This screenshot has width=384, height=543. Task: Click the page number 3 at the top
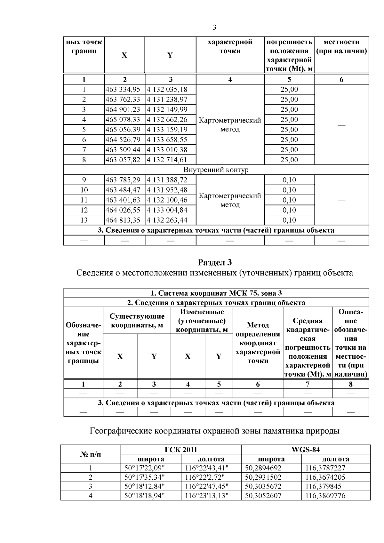pyautogui.click(x=214, y=28)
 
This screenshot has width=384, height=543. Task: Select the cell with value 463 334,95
pyautogui.click(x=125, y=90)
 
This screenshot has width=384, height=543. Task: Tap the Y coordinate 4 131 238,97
pyautogui.click(x=167, y=100)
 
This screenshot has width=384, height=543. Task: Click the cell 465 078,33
pyautogui.click(x=125, y=120)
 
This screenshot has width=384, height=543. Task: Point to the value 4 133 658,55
pyautogui.click(x=167, y=140)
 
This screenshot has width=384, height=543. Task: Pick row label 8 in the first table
pyautogui.click(x=84, y=160)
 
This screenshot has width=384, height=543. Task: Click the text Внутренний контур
pyautogui.click(x=216, y=170)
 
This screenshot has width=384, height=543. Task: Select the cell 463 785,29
pyautogui.click(x=125, y=180)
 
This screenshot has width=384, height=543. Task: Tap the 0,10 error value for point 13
pyautogui.click(x=289, y=220)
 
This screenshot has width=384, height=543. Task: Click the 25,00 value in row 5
pyautogui.click(x=289, y=130)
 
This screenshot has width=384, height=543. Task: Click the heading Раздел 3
pyautogui.click(x=215, y=263)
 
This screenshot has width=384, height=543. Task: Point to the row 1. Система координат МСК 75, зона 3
pyautogui.click(x=216, y=293)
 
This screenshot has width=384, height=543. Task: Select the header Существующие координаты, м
pyautogui.click(x=137, y=321)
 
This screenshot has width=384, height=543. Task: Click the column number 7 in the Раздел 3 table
pyautogui.click(x=308, y=384)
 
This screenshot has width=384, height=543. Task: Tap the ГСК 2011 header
pyautogui.click(x=181, y=450)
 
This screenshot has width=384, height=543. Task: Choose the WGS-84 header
pyautogui.click(x=306, y=450)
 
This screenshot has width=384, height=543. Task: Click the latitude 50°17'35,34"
pyautogui.click(x=144, y=477)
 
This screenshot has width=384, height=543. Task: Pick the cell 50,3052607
pyautogui.click(x=263, y=496)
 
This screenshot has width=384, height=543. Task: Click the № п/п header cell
pyautogui.click(x=91, y=454)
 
